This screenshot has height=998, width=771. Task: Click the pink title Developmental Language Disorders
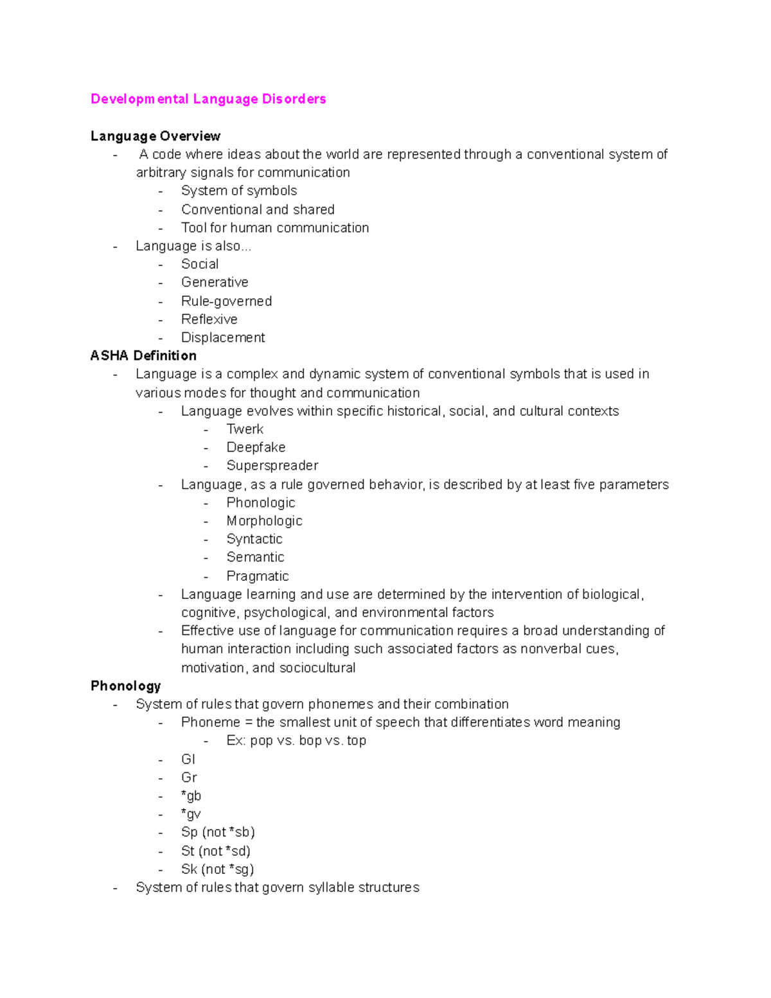click(x=208, y=99)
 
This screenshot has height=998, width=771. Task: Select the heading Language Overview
click(x=155, y=136)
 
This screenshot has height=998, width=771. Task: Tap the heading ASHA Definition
click(x=143, y=356)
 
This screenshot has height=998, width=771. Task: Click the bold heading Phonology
click(x=125, y=686)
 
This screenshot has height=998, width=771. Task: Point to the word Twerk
click(x=245, y=429)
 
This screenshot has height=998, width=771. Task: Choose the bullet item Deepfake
click(x=256, y=447)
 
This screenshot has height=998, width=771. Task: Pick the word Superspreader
click(x=272, y=466)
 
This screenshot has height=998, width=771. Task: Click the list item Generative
click(x=215, y=283)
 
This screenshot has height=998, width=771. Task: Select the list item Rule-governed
click(x=226, y=301)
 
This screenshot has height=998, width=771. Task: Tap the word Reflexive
click(x=209, y=319)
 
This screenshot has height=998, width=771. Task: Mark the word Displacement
click(x=223, y=338)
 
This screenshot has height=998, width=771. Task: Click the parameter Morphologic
click(x=264, y=521)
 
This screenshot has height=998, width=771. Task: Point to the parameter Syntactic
click(x=254, y=539)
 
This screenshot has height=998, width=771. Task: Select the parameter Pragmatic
click(x=258, y=576)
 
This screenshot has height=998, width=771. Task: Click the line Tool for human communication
click(x=275, y=228)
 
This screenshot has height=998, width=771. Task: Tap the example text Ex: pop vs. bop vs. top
click(x=296, y=741)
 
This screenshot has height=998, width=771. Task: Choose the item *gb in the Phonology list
click(x=191, y=796)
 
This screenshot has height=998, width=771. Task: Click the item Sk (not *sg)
click(x=217, y=869)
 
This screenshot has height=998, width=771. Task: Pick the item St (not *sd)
click(x=216, y=851)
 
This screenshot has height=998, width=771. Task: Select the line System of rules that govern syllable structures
click(x=278, y=888)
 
